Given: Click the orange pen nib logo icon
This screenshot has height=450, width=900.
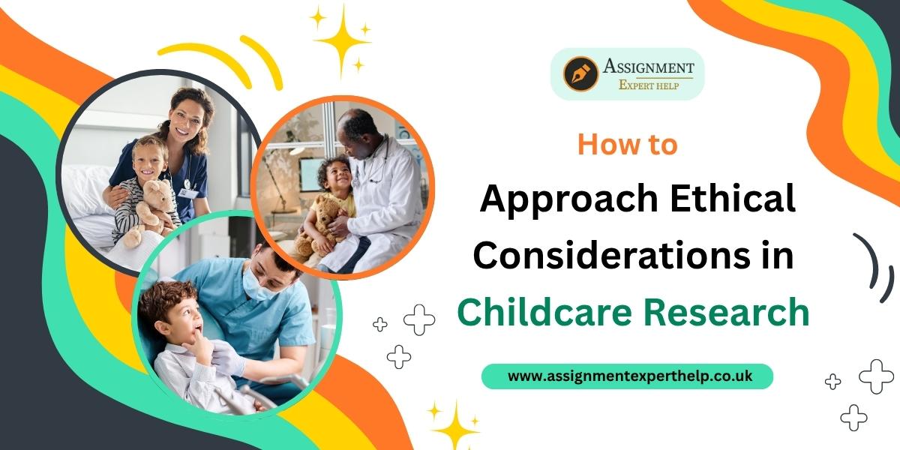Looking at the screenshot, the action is coord(580,74).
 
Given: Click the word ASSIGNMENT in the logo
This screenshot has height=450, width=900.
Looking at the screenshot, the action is coord(648,66).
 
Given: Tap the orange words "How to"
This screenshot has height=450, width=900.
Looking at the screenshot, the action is coord(628,145).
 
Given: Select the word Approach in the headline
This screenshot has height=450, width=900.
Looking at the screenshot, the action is coord(568,200).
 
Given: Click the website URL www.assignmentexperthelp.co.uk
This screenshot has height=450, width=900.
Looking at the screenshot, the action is coord(629,376).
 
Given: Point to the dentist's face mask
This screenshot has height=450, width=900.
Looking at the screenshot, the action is coord(256,284).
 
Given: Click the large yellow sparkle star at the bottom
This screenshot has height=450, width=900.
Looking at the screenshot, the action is coord(456,427).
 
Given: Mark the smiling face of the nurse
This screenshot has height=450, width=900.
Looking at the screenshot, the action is coord(186,118).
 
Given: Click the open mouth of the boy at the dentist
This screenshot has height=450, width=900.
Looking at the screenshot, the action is coord(198,329).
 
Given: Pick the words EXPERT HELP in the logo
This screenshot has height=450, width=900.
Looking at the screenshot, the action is coord(649,85).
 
